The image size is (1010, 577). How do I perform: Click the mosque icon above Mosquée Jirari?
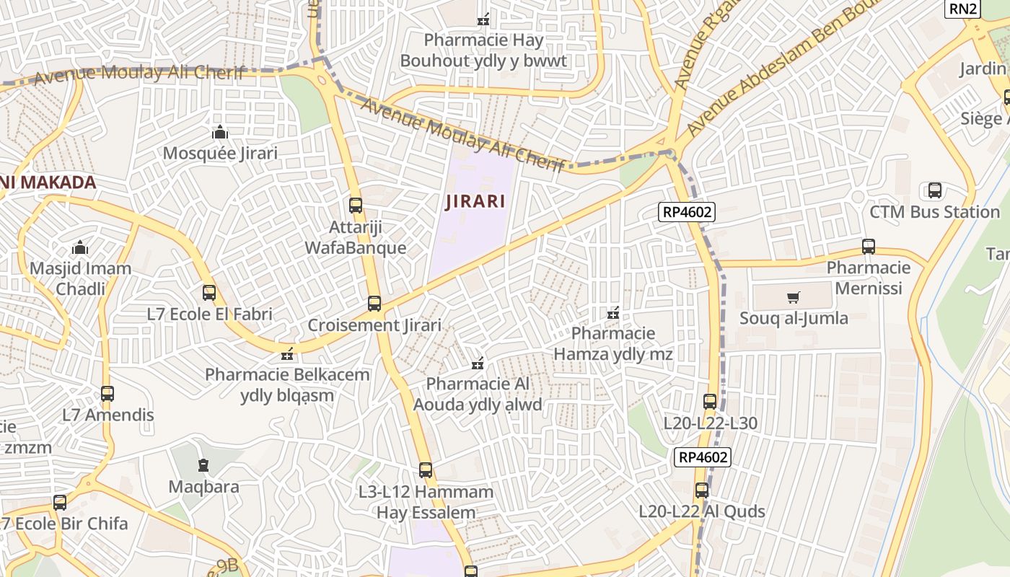[x=220, y=132]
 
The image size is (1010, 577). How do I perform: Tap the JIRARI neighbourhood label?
[x=475, y=201]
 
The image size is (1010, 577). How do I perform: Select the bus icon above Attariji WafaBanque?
[x=356, y=205]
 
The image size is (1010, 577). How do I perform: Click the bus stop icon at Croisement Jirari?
[x=374, y=304]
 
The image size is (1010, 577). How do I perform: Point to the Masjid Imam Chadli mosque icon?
[x=80, y=248]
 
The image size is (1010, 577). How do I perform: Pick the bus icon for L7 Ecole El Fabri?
[x=209, y=293]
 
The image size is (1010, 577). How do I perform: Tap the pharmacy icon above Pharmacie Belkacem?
[x=287, y=354]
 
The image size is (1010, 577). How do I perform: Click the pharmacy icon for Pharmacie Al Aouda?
[x=477, y=363]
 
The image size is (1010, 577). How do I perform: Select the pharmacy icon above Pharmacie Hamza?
[x=613, y=313]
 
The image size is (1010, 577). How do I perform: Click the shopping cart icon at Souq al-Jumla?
[x=794, y=297]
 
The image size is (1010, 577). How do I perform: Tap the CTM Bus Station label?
[x=934, y=212]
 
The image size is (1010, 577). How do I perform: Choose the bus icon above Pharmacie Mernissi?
[x=869, y=247]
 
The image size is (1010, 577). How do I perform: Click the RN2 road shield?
[x=963, y=9]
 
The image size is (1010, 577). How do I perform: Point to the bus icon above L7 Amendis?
[x=107, y=394]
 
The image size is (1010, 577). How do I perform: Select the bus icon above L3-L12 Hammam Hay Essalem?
[x=426, y=470]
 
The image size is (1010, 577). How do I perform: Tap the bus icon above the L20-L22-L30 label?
[x=710, y=402]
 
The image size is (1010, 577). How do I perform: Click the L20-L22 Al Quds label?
[x=702, y=511]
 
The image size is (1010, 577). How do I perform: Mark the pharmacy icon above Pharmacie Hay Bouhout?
[x=484, y=19]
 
